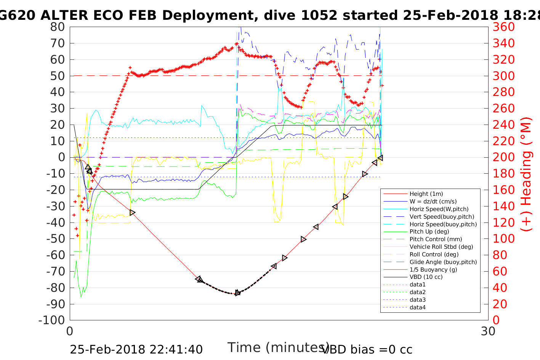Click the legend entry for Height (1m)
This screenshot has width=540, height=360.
pos(426,194)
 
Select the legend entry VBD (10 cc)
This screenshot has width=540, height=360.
pos(426,277)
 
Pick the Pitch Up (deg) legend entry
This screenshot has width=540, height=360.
pos(429,232)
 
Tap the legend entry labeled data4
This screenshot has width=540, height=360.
pos(417,307)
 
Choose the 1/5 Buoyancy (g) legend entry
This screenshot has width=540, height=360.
pos(433,269)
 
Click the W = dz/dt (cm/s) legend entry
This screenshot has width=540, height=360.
pos(433,202)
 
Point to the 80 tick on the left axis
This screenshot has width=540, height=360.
pos(58,27)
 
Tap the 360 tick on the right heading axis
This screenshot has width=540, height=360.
pos(503,27)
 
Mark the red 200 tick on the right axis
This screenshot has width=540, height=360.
pos(503,157)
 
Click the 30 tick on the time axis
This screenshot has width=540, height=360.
pos(488,331)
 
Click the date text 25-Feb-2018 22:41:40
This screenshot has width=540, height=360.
pos(136,349)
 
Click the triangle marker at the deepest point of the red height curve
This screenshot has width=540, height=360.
pos(237,293)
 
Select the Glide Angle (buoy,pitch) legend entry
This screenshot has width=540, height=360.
pos(443,262)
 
